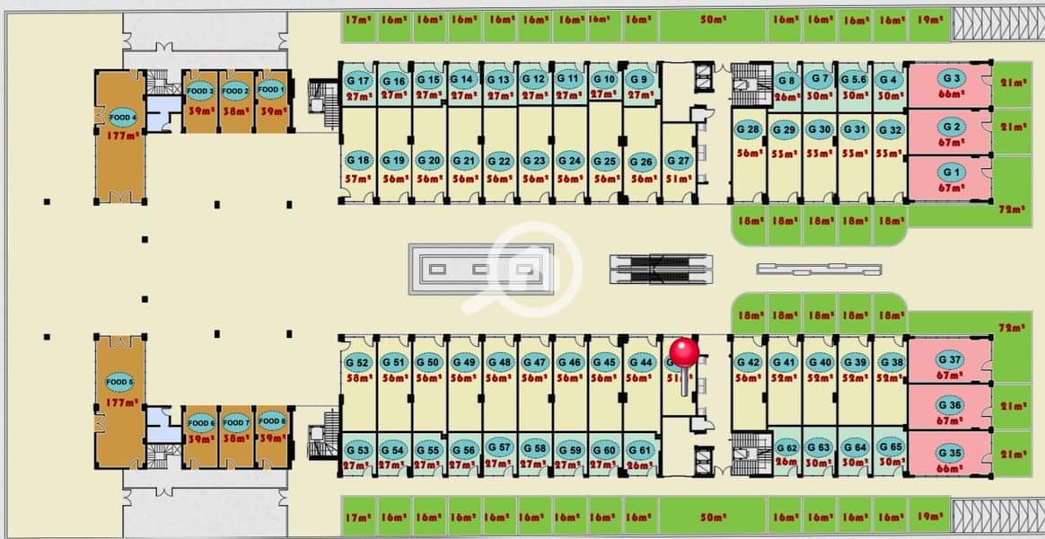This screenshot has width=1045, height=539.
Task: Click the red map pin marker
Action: click(684, 352)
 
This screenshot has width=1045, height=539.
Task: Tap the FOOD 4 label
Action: click(123, 117)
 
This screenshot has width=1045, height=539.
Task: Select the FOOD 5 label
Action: click(119, 383)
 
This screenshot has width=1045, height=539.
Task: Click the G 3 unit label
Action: click(952, 79)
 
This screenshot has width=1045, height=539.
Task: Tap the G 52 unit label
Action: click(357, 362)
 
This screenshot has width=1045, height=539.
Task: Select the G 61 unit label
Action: click(639, 449)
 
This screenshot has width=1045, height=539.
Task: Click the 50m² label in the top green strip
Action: click(713, 19)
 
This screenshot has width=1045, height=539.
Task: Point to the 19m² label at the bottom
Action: click(927, 519)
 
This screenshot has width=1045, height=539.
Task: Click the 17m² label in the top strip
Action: click(356, 19)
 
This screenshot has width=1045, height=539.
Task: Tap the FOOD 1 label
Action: click(270, 90)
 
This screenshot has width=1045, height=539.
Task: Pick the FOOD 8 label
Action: click(271, 420)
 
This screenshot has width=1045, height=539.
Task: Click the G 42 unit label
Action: click(747, 362)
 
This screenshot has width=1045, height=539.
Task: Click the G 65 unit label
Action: click(890, 446)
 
